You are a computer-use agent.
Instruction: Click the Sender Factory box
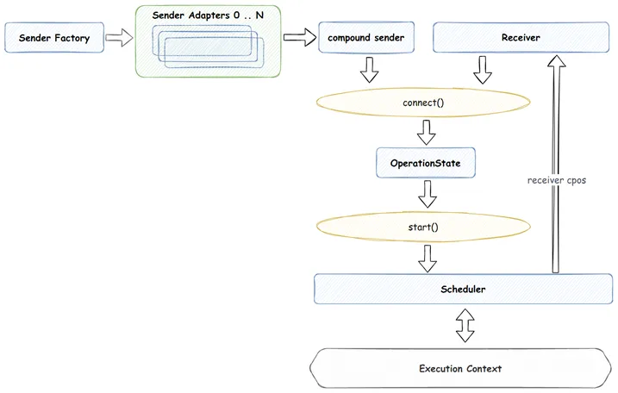[x=54, y=37]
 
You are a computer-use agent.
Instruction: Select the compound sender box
[x=366, y=37]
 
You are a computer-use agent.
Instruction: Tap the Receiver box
[x=521, y=37]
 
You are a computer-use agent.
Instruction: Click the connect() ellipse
[x=423, y=103]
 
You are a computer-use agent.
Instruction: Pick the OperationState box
[x=426, y=163]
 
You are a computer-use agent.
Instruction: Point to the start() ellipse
[x=423, y=227]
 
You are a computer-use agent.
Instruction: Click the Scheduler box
[x=463, y=289]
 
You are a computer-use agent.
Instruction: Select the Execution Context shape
[x=460, y=368]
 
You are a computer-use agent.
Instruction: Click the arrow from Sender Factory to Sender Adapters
[x=120, y=37]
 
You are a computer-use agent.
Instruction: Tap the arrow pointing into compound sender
[x=300, y=37]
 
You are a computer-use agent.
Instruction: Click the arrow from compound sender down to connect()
[x=369, y=70]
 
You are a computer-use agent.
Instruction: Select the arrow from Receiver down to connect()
[x=483, y=70]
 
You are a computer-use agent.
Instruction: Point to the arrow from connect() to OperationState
[x=427, y=133]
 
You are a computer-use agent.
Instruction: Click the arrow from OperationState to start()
[x=428, y=194]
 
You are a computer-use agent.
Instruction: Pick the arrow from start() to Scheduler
[x=428, y=259]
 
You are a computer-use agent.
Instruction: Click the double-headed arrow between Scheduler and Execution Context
[x=465, y=325]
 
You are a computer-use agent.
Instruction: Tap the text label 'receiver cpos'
[x=557, y=180]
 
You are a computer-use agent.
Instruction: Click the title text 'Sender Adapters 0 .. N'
[x=208, y=16]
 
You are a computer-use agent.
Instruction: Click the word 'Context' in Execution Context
[x=484, y=369]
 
